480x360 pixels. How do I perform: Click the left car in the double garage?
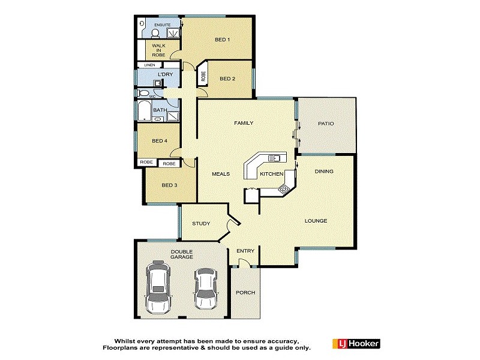coord(158,286)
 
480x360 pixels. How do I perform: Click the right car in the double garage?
coord(205,288)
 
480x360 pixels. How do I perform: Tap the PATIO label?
coord(326,124)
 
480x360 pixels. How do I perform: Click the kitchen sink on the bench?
coord(275,158)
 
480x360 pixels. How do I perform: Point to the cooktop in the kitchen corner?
coord(284,188)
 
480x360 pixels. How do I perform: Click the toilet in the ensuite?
coord(142,25)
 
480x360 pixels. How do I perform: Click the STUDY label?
coord(201,224)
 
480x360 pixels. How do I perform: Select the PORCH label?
coord(246,293)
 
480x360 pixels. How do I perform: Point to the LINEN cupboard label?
coord(149,65)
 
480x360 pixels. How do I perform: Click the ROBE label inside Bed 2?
coord(203,76)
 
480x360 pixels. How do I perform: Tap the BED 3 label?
coord(169,185)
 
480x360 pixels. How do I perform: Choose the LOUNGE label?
coord(316,221)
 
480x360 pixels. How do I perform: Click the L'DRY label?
coord(165,75)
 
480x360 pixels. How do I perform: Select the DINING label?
coord(324,172)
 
